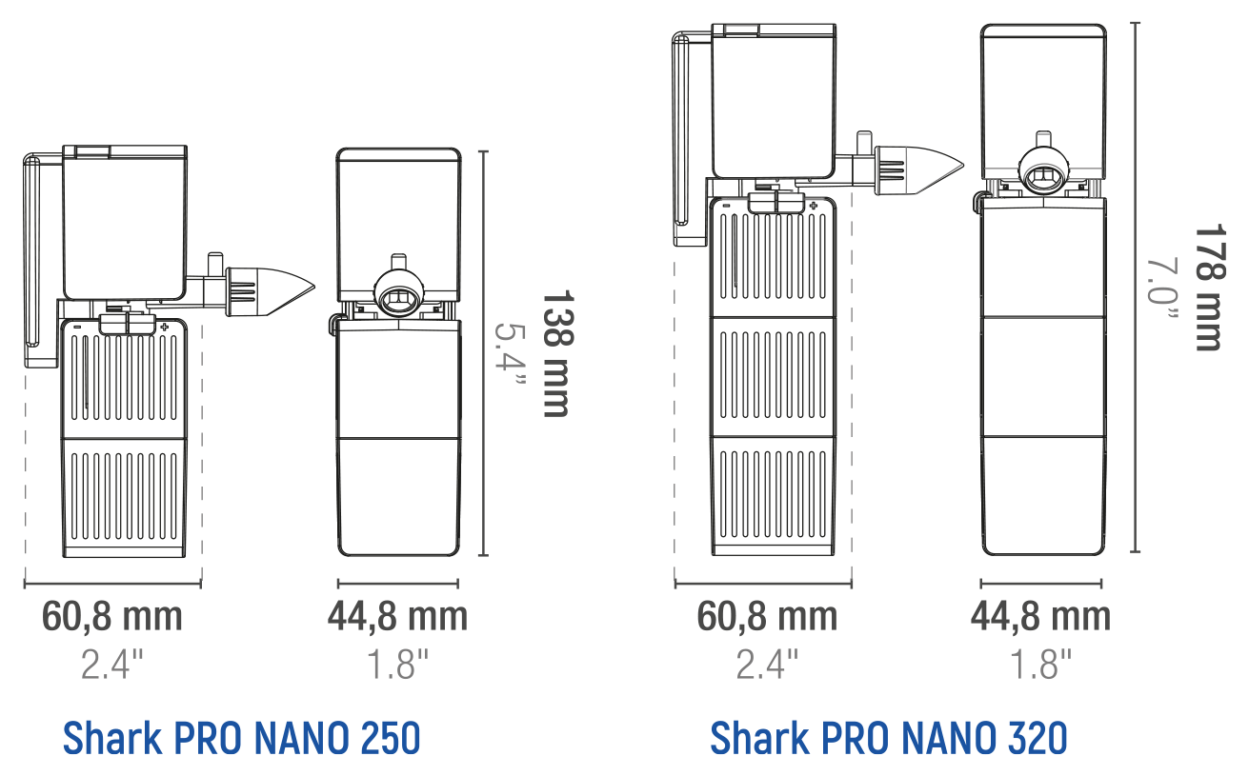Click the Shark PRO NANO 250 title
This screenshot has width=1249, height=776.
click(x=241, y=738)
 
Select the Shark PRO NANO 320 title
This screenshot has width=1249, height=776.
click(x=889, y=738)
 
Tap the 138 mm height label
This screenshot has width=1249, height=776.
click(x=557, y=353)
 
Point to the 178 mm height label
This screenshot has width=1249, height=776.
click(x=1210, y=288)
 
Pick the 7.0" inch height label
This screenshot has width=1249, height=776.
click(x=1162, y=288)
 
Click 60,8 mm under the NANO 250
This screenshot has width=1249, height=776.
click(x=112, y=617)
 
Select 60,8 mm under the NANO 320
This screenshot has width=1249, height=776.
click(x=767, y=617)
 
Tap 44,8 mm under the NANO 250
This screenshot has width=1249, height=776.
click(x=397, y=617)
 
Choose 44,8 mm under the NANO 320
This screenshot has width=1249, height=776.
click(x=1041, y=617)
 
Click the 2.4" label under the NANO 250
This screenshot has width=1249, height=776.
click(x=112, y=664)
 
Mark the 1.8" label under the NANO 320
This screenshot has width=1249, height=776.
click(x=1041, y=664)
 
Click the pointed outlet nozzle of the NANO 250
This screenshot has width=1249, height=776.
click(x=271, y=291)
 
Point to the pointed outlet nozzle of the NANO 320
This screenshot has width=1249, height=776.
click(x=919, y=169)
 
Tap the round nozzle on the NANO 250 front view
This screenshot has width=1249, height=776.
click(x=399, y=293)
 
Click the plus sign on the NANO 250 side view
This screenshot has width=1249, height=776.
click(x=164, y=327)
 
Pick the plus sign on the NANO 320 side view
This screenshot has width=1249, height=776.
click(x=814, y=206)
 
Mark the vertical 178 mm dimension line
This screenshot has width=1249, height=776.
click(x=1136, y=288)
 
